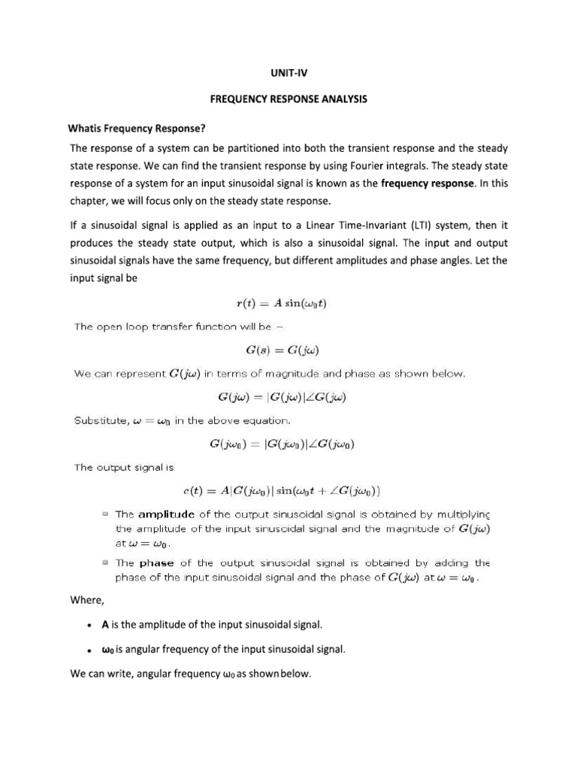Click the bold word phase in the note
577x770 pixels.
pyautogui.click(x=157, y=563)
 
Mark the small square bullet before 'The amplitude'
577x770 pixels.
pyautogui.click(x=105, y=515)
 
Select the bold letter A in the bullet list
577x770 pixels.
pyautogui.click(x=105, y=625)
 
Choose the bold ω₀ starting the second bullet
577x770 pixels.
pyautogui.click(x=107, y=650)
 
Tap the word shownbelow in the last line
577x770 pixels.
pyautogui.click(x=279, y=675)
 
